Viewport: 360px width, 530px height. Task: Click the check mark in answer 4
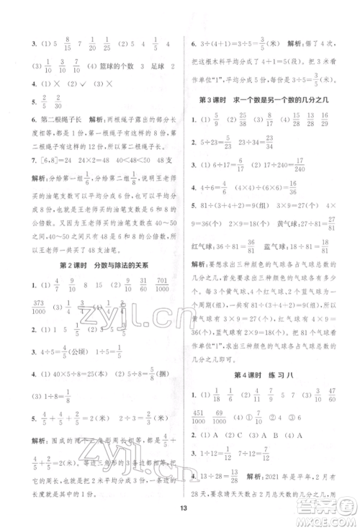[x=75, y=84]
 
